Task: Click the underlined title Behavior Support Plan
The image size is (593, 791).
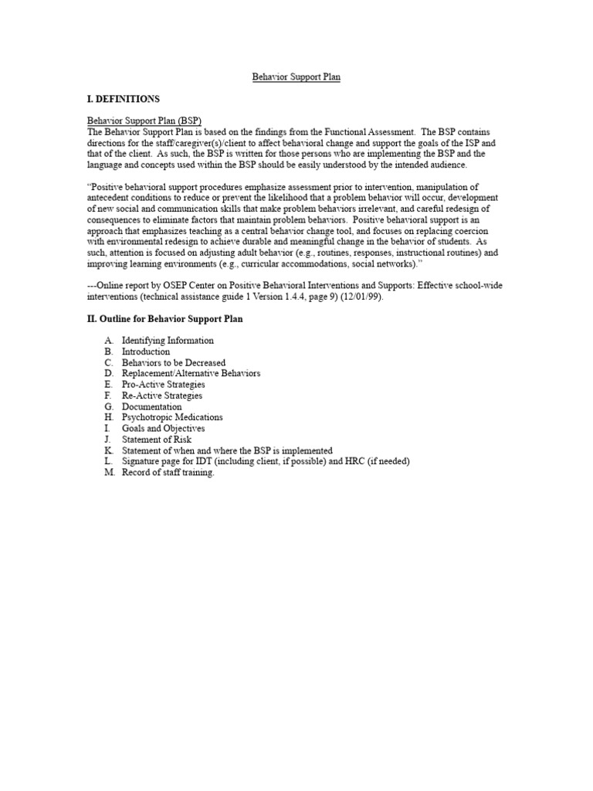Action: point(296,77)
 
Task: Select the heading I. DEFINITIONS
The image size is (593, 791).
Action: point(124,100)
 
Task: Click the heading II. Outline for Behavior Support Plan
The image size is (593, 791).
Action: point(164,319)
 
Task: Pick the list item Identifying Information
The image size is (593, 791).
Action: point(168,341)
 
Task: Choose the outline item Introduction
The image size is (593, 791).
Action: point(145,351)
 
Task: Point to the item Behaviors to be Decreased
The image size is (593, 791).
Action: point(174,362)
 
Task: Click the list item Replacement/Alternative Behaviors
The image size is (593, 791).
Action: point(191,373)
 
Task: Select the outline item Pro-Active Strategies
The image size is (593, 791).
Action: point(163,385)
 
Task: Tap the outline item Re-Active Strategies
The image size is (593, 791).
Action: point(162,395)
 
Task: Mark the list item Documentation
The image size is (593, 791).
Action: point(151,406)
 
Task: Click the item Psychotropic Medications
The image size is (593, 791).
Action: point(172,417)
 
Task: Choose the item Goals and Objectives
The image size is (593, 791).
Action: point(163,429)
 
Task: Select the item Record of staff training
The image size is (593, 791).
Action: point(168,473)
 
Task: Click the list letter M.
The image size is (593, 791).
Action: point(109,473)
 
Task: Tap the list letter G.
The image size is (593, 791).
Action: point(108,406)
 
